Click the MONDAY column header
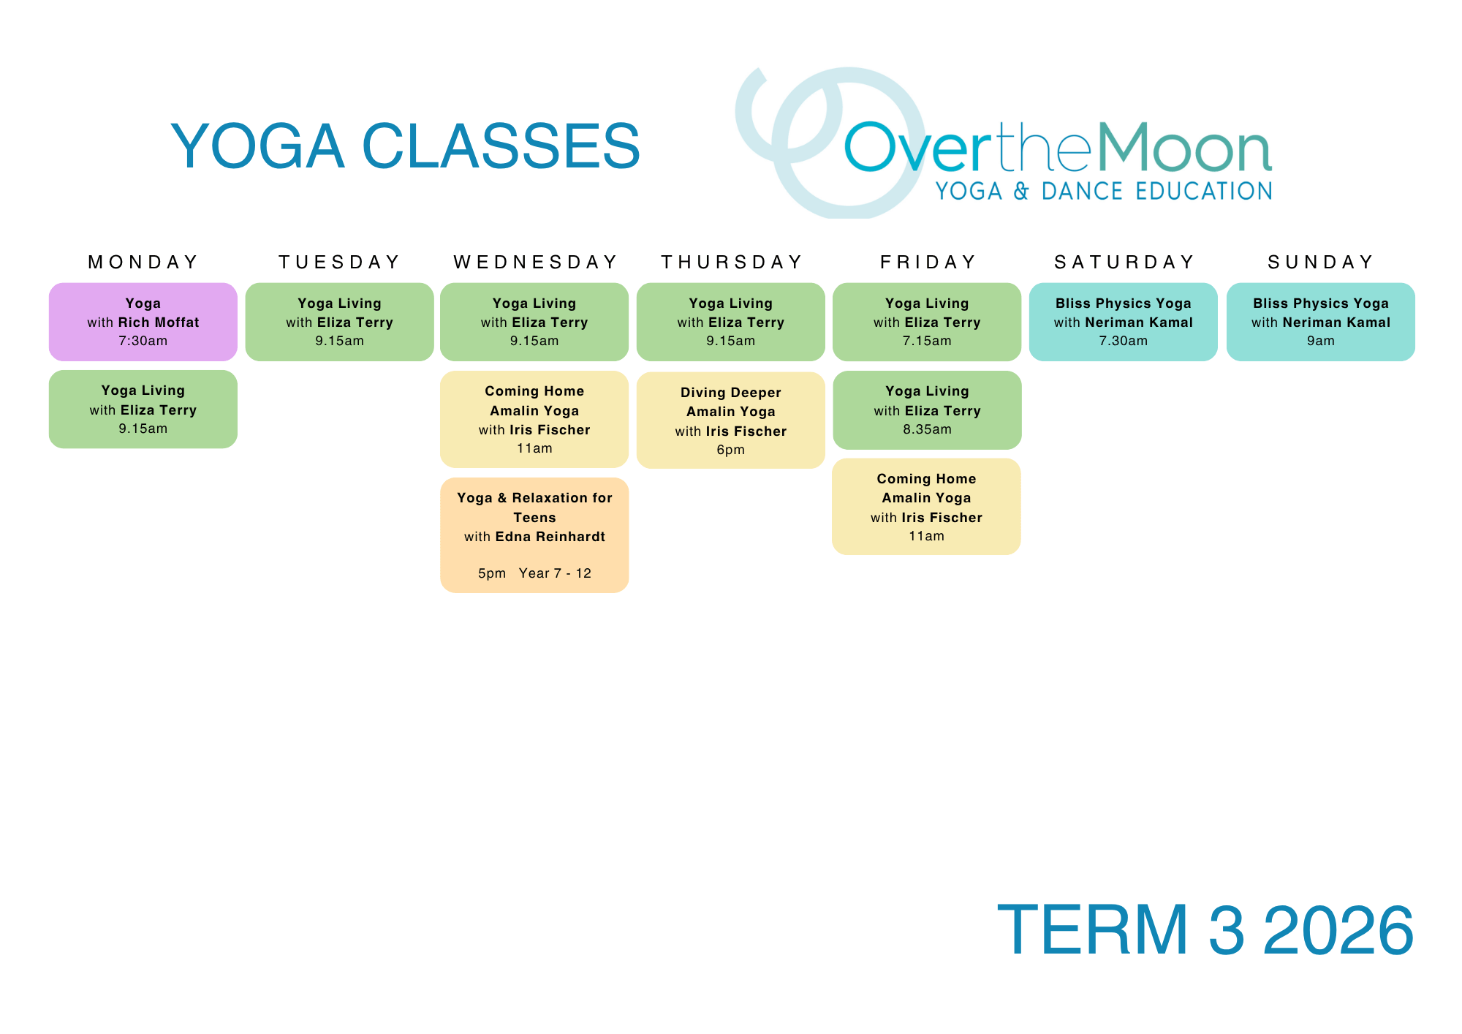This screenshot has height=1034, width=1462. coord(143,262)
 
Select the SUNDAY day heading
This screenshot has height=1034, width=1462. coord(1321,262)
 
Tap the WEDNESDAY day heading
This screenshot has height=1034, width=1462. coord(535,262)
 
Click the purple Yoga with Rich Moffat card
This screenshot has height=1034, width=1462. coord(143,322)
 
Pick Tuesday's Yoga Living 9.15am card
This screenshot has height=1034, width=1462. coord(340,322)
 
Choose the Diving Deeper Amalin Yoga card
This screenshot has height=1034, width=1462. coord(731,420)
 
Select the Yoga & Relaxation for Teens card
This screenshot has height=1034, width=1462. coord(534,535)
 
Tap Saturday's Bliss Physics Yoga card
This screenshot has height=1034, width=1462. coord(1124,322)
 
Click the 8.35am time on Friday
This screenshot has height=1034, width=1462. coord(927,429)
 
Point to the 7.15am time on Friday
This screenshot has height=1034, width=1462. coord(927,341)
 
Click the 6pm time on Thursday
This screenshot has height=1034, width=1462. coord(731,450)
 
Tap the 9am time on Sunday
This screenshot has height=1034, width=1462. coord(1321,341)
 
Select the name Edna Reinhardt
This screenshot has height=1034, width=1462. coord(550,537)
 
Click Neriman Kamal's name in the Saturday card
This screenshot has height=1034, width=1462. coord(1139,322)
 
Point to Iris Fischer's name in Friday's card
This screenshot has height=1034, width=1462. coord(942,518)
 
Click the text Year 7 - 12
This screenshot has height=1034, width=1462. coord(555,573)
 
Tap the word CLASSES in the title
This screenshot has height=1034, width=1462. coord(501,146)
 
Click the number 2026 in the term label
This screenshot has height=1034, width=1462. coord(1338,930)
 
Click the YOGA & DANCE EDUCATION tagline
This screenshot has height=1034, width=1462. coord(1104,192)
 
